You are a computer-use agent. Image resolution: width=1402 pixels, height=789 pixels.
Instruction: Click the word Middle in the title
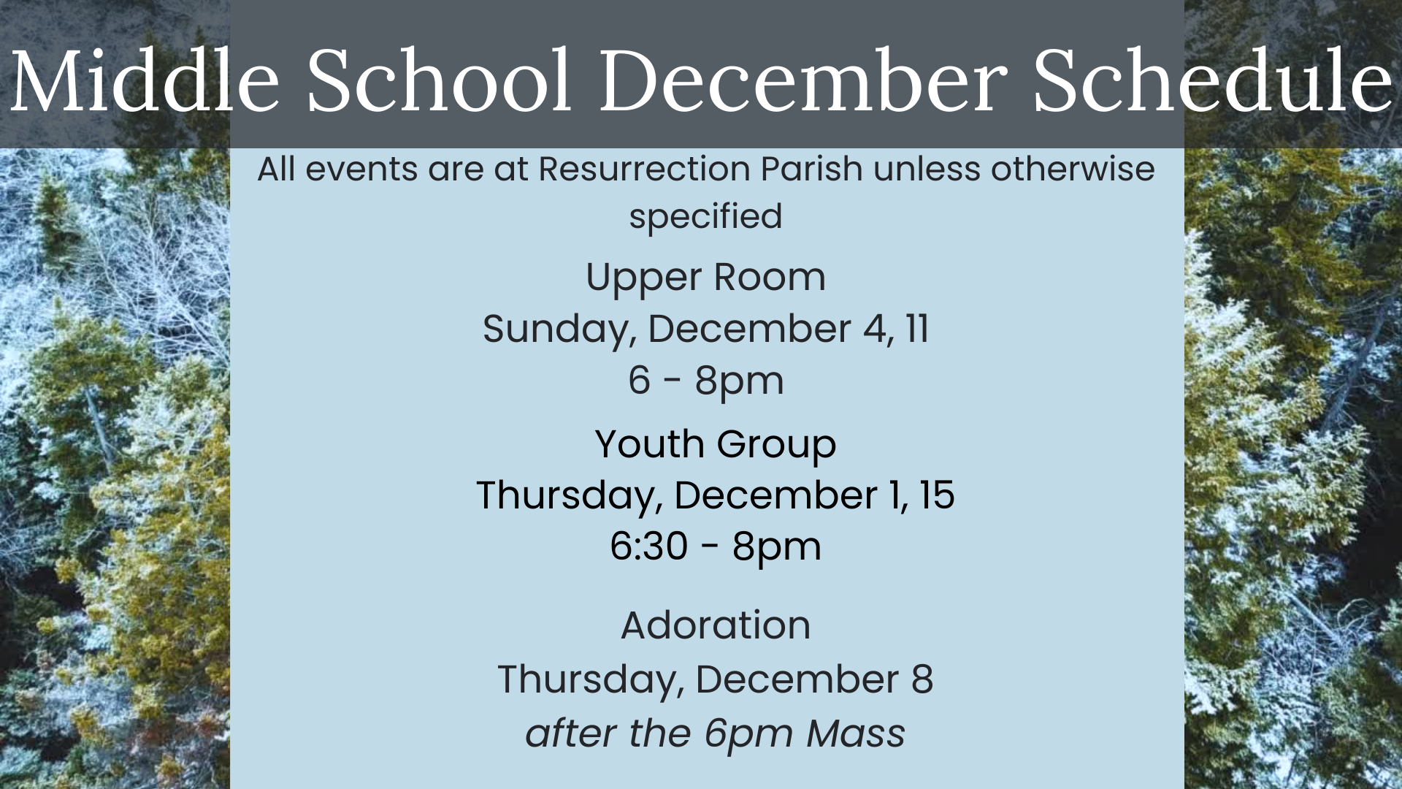(x=145, y=80)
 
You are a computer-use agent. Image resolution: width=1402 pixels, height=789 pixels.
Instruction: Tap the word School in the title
(x=438, y=80)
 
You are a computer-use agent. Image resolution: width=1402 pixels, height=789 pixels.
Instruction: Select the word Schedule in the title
(x=1213, y=80)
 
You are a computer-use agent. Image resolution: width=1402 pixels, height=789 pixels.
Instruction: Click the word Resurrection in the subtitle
(x=643, y=169)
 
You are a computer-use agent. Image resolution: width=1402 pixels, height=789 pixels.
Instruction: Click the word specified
(x=705, y=217)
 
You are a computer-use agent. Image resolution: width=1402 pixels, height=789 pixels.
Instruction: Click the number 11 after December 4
(x=917, y=329)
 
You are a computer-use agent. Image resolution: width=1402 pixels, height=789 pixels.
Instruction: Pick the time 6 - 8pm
(x=706, y=381)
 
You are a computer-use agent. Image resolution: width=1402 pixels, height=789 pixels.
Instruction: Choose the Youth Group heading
(x=716, y=445)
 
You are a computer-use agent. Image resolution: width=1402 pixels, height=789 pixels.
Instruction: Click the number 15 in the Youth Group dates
(x=936, y=495)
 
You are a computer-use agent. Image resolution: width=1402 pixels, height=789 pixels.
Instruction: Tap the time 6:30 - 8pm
(x=716, y=546)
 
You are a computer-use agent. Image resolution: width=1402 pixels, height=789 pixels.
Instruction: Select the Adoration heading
(x=716, y=625)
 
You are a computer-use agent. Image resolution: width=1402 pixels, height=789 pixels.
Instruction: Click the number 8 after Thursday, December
(x=922, y=679)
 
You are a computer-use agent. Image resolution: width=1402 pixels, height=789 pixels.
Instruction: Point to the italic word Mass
(x=856, y=733)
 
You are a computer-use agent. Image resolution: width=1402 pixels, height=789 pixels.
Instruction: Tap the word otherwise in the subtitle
(x=1073, y=169)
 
